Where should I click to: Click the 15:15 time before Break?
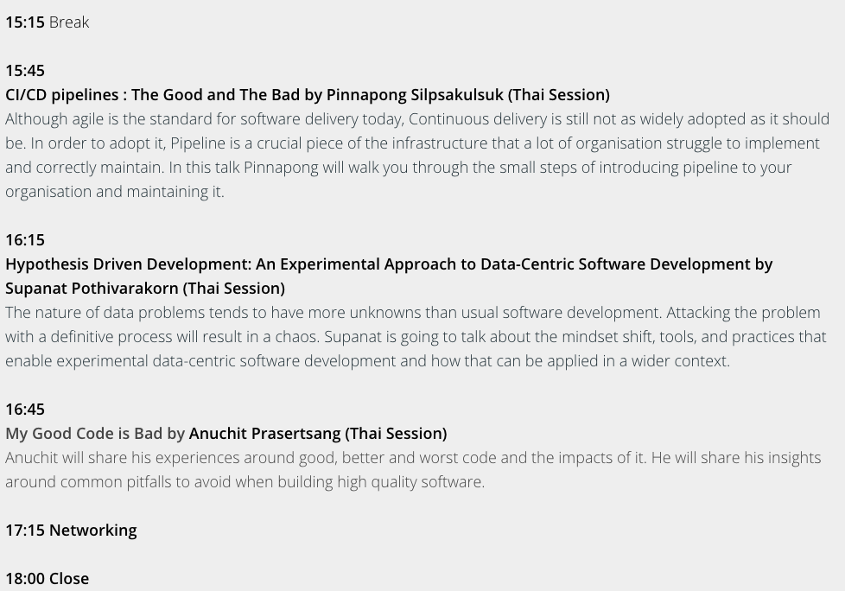(x=25, y=22)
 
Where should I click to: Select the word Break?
(x=69, y=22)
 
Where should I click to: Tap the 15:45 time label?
(x=25, y=71)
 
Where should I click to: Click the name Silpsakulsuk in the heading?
(x=457, y=95)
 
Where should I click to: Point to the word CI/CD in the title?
(x=26, y=95)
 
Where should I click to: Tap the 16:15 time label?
(x=25, y=239)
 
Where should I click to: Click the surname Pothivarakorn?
(x=124, y=289)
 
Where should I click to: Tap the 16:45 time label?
(x=25, y=410)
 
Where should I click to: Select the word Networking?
(x=92, y=531)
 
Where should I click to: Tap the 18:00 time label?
(x=25, y=579)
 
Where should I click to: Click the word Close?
(x=69, y=579)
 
